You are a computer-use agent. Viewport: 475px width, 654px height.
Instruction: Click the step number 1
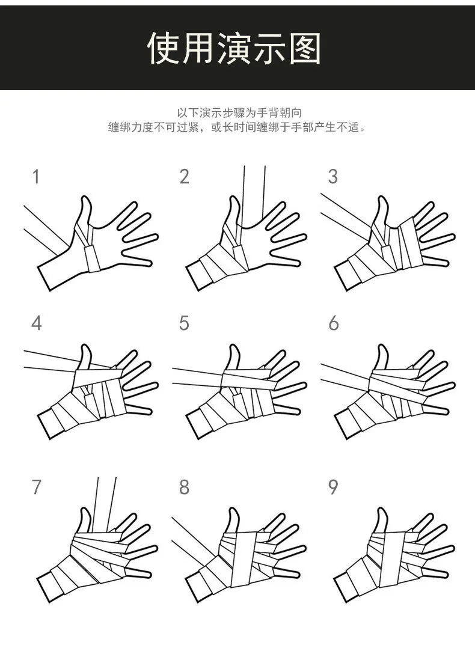(36, 177)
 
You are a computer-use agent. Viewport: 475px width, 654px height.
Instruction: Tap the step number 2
(184, 177)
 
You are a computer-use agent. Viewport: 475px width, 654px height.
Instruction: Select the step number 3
(332, 177)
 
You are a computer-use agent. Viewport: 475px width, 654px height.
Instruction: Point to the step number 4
(37, 323)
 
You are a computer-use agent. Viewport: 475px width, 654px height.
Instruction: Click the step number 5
(184, 323)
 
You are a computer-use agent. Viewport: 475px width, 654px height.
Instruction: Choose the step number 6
(333, 323)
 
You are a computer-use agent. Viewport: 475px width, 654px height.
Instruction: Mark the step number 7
(37, 487)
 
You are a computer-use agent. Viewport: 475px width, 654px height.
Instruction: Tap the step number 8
(184, 487)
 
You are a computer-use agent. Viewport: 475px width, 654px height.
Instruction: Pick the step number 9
(333, 487)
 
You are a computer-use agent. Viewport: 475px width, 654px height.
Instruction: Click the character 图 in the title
(305, 49)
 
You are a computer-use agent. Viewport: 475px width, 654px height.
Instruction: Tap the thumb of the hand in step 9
(381, 521)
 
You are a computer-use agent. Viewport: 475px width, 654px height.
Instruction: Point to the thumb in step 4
(85, 358)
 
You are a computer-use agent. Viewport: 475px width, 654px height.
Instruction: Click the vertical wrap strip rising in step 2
(253, 192)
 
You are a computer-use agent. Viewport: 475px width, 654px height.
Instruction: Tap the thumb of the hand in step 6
(381, 358)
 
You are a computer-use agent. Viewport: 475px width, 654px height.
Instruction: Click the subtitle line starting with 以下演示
(239, 112)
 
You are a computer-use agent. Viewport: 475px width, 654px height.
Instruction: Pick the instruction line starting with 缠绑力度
(237, 127)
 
